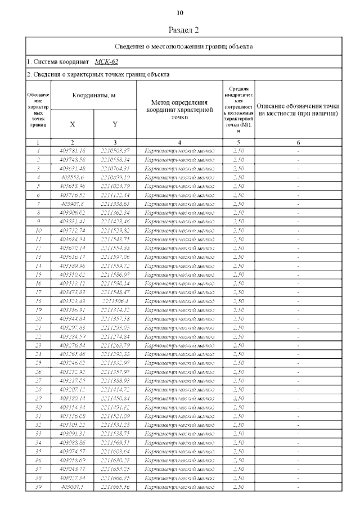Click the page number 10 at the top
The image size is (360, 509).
tap(180, 12)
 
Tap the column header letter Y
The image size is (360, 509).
tap(115, 124)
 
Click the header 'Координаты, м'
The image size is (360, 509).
tap(93, 96)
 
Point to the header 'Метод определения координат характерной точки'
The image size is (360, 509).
tap(179, 110)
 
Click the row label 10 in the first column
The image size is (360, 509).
tap(38, 230)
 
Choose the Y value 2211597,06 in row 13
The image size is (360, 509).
tap(115, 256)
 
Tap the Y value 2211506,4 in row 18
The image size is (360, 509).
tap(115, 301)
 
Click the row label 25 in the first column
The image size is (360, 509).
tap(38, 363)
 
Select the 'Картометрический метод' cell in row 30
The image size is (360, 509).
tap(179, 407)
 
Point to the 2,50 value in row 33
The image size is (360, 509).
tap(238, 434)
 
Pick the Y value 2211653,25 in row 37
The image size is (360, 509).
tap(115, 469)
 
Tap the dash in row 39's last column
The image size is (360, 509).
tap(298, 487)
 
